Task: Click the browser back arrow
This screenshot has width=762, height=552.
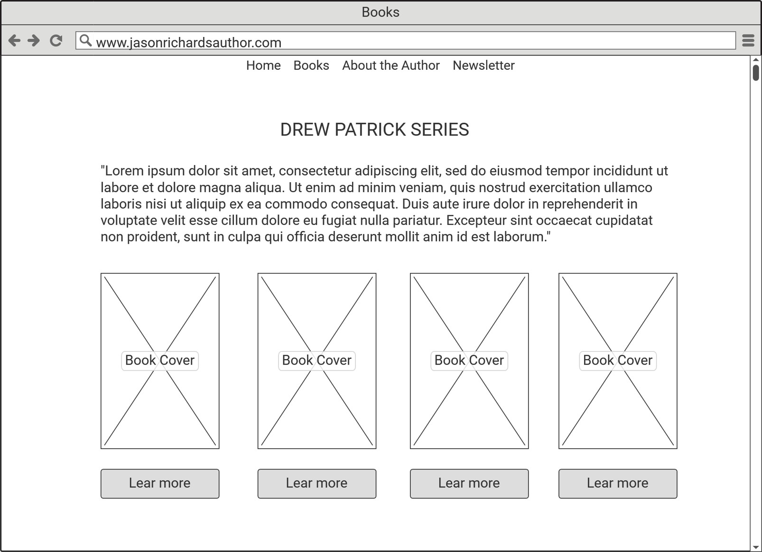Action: tap(14, 41)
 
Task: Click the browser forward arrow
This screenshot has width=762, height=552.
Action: tap(34, 41)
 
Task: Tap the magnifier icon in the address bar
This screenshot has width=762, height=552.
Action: tap(85, 41)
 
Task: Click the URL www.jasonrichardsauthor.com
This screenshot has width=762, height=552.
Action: tap(188, 43)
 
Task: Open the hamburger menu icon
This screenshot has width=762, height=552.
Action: tap(748, 41)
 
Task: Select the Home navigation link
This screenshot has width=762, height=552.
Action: tap(263, 65)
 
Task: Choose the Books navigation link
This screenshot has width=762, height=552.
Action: tap(311, 65)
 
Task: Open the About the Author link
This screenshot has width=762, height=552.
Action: tap(391, 65)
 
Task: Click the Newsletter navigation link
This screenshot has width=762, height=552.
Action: tap(483, 65)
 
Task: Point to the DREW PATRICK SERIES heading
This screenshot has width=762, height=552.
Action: tap(374, 129)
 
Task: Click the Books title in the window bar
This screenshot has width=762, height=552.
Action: tap(381, 12)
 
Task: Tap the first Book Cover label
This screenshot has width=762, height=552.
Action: tap(160, 360)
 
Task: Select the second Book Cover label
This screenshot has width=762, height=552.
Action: tap(317, 360)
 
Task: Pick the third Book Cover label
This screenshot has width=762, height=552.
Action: tap(469, 360)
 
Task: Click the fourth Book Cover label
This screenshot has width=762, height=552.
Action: tap(618, 360)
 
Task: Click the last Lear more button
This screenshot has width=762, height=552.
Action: tap(618, 483)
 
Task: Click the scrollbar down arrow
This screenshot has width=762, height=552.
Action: tap(755, 547)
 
